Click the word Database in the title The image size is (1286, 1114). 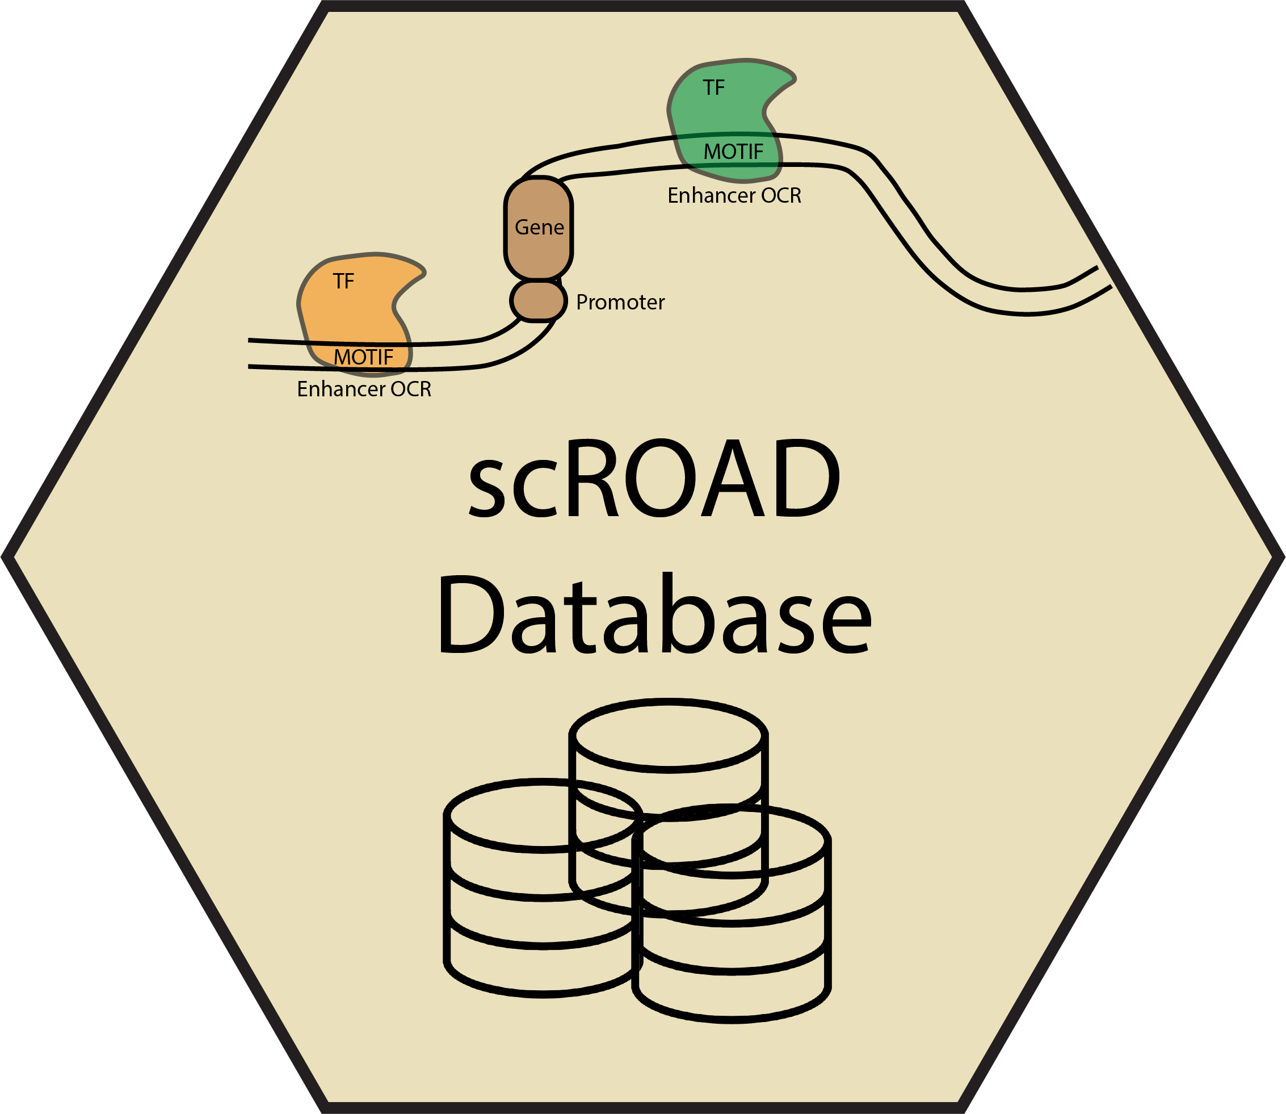coord(655,615)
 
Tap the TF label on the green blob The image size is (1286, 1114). coord(714,87)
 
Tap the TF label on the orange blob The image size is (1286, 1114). coord(343,282)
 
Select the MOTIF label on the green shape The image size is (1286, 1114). coord(733,152)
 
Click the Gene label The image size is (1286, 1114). coord(539,228)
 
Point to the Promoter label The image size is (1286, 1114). coord(620,302)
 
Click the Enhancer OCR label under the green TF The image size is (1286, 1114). coord(734,196)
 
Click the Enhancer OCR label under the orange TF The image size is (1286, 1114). coord(364,389)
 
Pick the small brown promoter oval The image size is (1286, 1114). coord(538,301)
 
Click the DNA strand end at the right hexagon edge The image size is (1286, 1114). coord(1103,278)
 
